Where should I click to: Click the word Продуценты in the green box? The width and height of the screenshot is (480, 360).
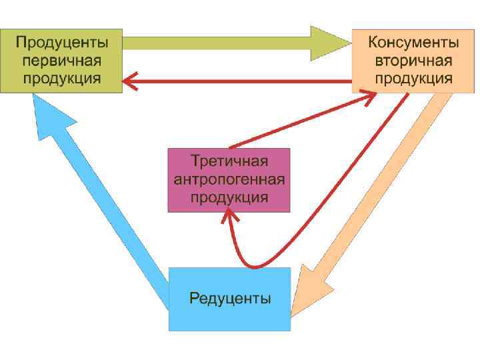(x=61, y=43)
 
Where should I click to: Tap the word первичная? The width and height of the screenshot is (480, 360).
(x=61, y=61)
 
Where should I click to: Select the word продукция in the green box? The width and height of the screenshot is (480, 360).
(x=61, y=78)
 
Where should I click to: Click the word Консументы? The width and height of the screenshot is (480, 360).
(x=413, y=43)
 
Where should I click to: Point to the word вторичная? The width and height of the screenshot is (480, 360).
(x=413, y=61)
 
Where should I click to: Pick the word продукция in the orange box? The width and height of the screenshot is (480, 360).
(x=413, y=78)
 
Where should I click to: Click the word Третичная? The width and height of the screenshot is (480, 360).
(x=229, y=161)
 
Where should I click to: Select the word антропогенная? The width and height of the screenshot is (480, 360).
(x=229, y=179)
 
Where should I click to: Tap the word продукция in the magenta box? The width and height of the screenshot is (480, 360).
(x=229, y=197)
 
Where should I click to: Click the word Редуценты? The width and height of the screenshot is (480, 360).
(x=230, y=298)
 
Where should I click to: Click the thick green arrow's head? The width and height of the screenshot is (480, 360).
(x=331, y=43)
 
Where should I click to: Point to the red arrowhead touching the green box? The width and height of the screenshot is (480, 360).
(x=131, y=82)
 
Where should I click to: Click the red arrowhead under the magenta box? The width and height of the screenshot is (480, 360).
(x=231, y=217)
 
